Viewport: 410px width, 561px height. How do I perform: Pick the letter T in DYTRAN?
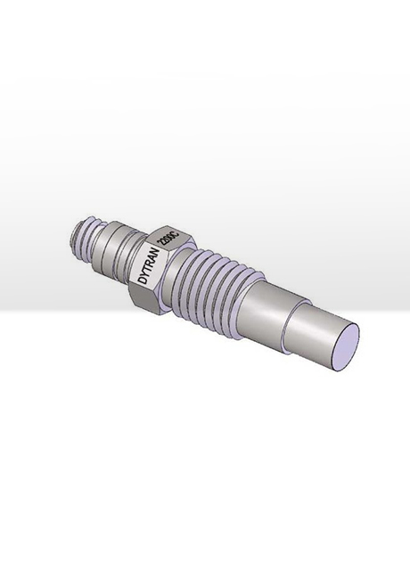click(x=147, y=268)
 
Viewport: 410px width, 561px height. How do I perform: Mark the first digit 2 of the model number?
click(x=161, y=246)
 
